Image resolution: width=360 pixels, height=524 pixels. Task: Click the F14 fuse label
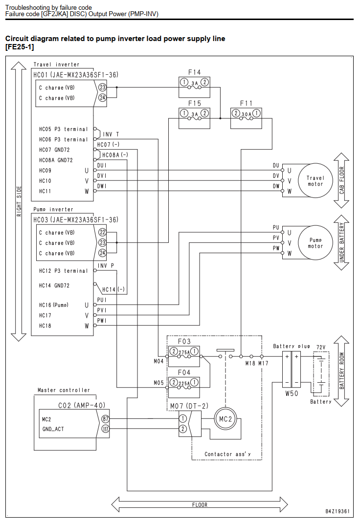pos(194,72)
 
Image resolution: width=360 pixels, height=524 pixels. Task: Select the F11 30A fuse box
pos(246,118)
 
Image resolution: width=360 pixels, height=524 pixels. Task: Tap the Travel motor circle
pos(315,181)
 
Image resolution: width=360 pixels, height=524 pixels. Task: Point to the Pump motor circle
pos(315,243)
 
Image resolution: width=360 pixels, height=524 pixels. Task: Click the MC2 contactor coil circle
pos(225,419)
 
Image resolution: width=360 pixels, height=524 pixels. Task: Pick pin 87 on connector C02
pos(105,419)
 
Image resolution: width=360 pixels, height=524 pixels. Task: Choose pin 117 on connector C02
pos(105,429)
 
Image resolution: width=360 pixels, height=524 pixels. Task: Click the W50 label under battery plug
pos(292,393)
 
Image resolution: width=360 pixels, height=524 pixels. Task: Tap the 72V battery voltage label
pos(321,347)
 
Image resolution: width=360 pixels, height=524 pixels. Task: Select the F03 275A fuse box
pos(184,356)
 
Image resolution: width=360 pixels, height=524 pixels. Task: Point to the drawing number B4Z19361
pos(337,511)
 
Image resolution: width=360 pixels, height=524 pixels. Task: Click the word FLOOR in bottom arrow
pos(200,504)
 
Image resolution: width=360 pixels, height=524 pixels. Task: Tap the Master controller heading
pos(64,390)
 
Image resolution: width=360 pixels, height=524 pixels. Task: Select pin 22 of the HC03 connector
pos(102,233)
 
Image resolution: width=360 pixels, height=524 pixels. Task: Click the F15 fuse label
pos(194,103)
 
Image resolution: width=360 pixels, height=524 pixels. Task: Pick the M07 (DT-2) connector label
pos(189,406)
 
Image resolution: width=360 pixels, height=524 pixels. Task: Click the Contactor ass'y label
pos(227,454)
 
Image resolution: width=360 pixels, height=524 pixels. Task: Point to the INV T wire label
pos(111,134)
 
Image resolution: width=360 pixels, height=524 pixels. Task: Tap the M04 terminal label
pos(158,361)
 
